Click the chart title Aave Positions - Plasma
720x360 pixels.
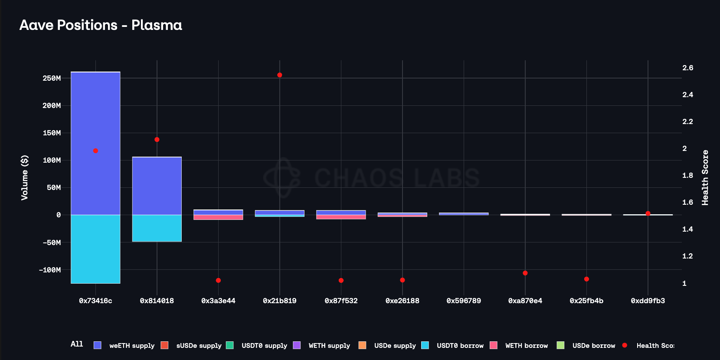point(101,25)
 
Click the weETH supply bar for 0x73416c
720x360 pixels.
point(95,143)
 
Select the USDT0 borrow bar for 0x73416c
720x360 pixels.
point(95,249)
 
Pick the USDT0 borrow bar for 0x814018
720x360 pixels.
point(157,228)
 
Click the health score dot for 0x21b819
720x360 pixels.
point(280,75)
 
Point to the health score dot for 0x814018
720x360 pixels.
point(157,140)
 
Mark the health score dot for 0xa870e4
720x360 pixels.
point(525,273)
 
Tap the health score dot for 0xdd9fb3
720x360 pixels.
point(648,213)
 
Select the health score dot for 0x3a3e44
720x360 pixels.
point(218,281)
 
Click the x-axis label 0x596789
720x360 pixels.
point(464,301)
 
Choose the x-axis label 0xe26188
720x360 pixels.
point(403,301)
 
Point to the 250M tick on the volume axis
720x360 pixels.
point(52,78)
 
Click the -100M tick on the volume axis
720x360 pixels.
point(50,270)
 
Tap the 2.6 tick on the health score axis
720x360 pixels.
point(687,68)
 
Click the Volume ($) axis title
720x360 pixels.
point(25,177)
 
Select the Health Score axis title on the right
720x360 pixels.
point(705,177)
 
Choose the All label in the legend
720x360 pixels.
point(77,344)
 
